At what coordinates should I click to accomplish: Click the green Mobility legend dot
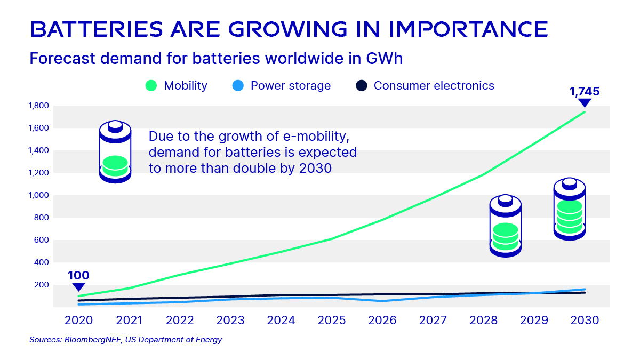tap(151, 86)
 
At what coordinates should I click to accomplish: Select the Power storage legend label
tap(290, 86)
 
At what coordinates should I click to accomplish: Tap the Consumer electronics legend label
tap(434, 86)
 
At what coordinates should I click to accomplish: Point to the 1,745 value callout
tap(585, 91)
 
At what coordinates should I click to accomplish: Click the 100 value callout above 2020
tap(78, 276)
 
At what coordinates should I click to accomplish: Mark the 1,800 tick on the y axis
tap(39, 106)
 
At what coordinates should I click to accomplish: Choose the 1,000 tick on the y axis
tap(39, 195)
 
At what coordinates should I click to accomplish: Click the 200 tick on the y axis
tap(42, 285)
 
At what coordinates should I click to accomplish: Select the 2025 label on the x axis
tap(331, 321)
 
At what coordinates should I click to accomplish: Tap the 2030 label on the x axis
tap(585, 321)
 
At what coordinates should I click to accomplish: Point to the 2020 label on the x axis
tap(78, 321)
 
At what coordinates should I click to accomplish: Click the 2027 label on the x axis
tap(433, 321)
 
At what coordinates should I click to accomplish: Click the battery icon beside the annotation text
tap(115, 152)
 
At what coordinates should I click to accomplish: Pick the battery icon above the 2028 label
tap(505, 226)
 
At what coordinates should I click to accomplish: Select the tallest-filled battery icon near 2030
tap(570, 209)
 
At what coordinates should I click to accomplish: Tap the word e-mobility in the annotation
tap(288, 137)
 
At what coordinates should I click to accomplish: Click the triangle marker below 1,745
tap(585, 103)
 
